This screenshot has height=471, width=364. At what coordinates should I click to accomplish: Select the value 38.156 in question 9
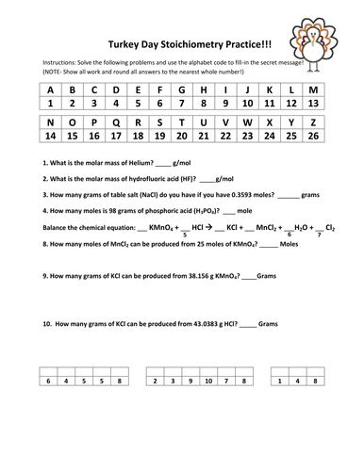200,278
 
